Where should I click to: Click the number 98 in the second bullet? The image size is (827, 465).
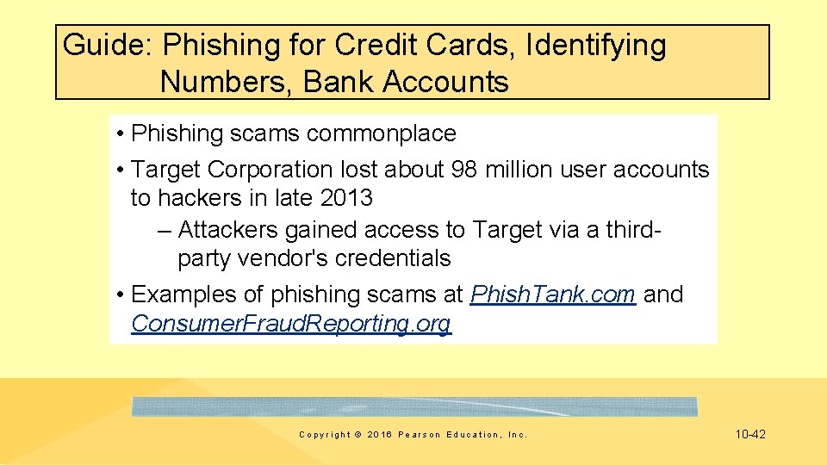click(464, 170)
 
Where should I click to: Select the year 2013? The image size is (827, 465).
click(345, 198)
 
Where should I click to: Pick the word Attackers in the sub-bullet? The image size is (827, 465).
click(231, 230)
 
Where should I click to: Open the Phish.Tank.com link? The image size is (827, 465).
click(553, 294)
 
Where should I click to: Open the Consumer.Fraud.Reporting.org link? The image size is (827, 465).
click(290, 324)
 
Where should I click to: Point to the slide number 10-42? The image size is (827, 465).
click(749, 435)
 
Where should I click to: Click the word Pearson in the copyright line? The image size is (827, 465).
click(418, 435)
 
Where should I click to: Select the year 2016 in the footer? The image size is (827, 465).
click(378, 435)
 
